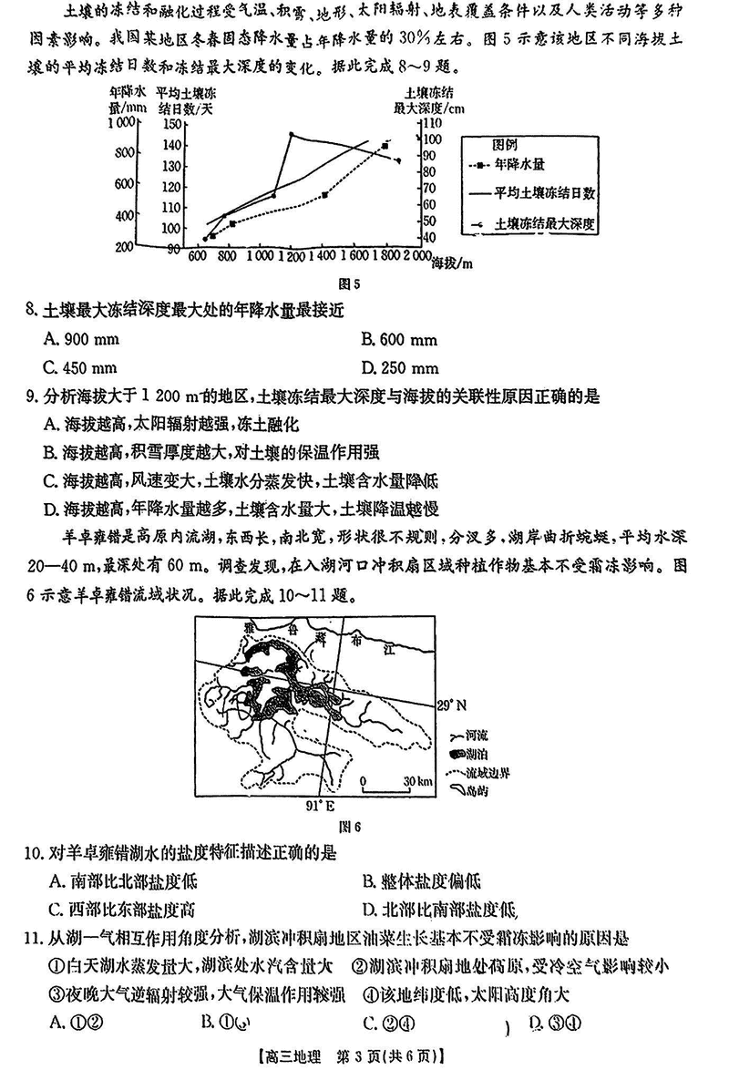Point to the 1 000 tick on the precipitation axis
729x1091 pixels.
click(118, 124)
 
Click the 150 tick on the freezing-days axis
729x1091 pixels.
click(170, 124)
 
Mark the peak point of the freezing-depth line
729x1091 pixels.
click(292, 134)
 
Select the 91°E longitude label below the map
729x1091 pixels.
click(320, 806)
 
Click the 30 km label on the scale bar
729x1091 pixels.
click(418, 782)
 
